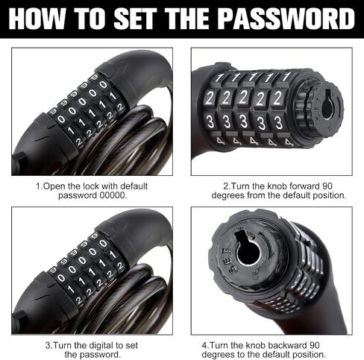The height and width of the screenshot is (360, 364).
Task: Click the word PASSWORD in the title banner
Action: pyautogui.click(x=287, y=19)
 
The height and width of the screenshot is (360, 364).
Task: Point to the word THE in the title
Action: pyautogui.click(x=188, y=19)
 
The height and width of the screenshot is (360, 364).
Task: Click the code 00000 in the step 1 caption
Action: pyautogui.click(x=113, y=195)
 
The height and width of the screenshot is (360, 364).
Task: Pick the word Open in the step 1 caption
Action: pyautogui.click(x=54, y=186)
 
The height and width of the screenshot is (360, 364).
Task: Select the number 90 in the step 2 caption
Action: pyautogui.click(x=327, y=186)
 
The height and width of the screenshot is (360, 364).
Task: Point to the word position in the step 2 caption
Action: pyautogui.click(x=329, y=195)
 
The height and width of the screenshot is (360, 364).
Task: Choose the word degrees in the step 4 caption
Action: pyautogui.click(x=219, y=355)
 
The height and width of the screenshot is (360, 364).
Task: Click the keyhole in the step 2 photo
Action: pyautogui.click(x=327, y=105)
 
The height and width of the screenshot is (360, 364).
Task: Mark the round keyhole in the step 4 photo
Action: pyautogui.click(x=248, y=250)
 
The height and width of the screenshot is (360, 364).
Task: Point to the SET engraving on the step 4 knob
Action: pyautogui.click(x=228, y=259)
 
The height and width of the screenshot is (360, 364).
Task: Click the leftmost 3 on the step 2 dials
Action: pyautogui.click(x=210, y=122)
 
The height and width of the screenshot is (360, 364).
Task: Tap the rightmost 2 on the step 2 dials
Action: pyautogui.click(x=277, y=98)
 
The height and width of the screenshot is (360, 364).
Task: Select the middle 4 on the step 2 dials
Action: pyautogui.click(x=254, y=142)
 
